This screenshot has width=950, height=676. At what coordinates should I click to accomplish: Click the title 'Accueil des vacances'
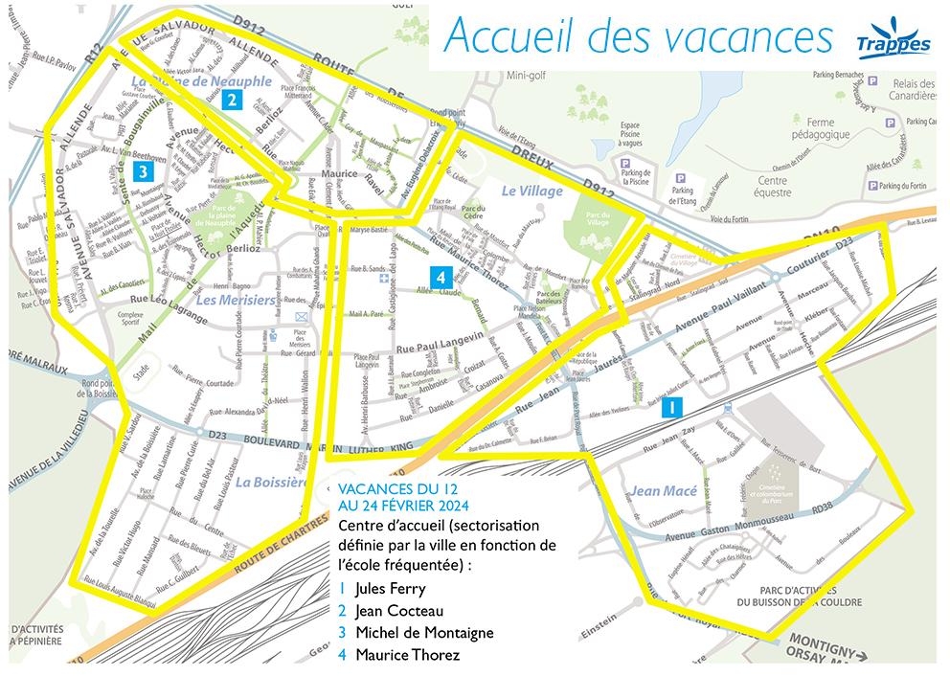click(x=639, y=36)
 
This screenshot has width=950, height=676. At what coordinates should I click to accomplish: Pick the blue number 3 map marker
click(x=142, y=172)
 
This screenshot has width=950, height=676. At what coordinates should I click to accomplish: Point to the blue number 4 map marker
click(x=440, y=276)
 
